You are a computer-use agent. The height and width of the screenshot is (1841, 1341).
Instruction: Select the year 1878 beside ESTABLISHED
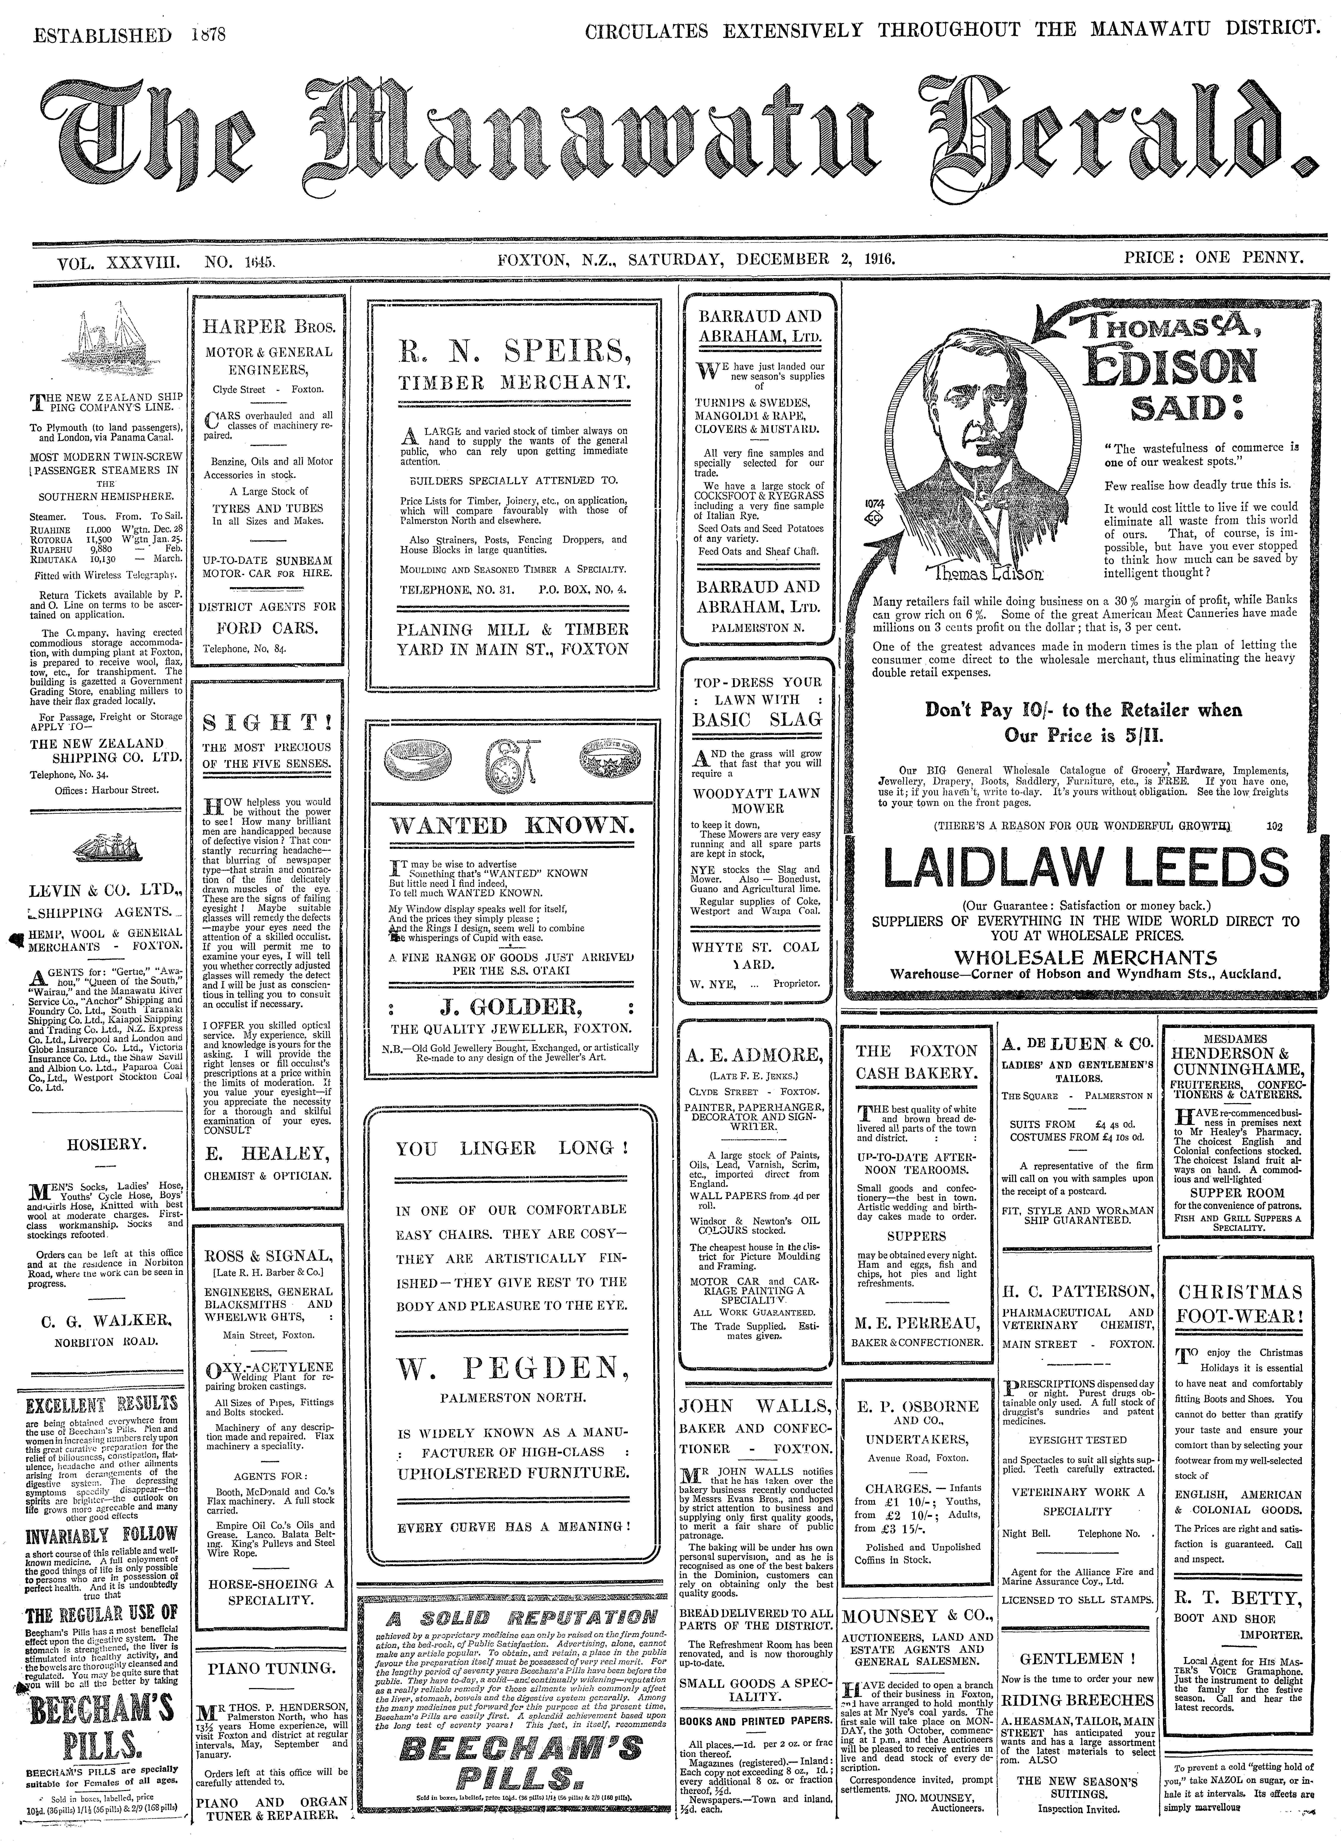coord(209,35)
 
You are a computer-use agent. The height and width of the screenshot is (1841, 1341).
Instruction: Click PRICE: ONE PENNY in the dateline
coord(1214,258)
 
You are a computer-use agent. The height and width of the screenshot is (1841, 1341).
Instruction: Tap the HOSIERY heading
coord(106,1144)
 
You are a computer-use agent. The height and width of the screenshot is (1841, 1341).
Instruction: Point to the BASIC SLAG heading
coord(757,719)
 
